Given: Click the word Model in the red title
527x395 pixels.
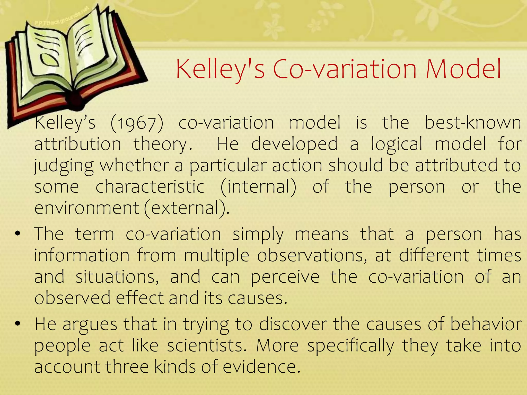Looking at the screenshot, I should point(463,69).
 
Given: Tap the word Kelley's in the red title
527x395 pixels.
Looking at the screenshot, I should point(220,69).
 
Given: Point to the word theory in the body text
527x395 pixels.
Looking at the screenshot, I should point(163,145).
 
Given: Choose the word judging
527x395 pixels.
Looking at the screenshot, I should point(64,166).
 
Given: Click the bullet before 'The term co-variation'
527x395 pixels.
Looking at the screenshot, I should point(17,234).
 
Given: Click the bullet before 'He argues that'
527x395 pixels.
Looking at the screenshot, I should point(17,324).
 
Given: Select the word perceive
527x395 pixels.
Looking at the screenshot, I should point(285,277).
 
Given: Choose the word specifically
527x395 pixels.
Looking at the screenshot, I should point(350,346).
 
